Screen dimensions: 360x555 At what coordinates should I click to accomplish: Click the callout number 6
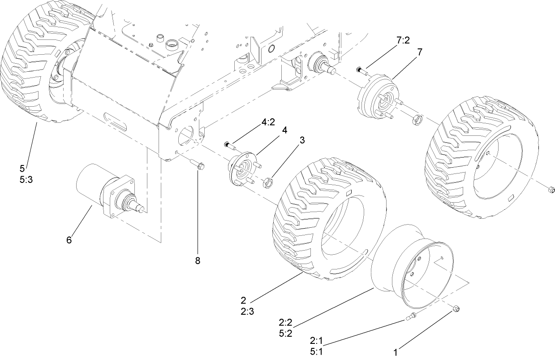pos(69,240)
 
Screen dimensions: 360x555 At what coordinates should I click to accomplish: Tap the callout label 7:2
pos(403,40)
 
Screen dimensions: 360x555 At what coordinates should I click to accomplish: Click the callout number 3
pos(302,140)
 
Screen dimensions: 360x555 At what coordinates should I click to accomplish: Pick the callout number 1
pos(395,353)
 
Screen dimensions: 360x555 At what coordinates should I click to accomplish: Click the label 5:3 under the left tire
pos(26,180)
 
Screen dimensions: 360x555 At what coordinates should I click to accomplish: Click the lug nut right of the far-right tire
pos(551,190)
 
